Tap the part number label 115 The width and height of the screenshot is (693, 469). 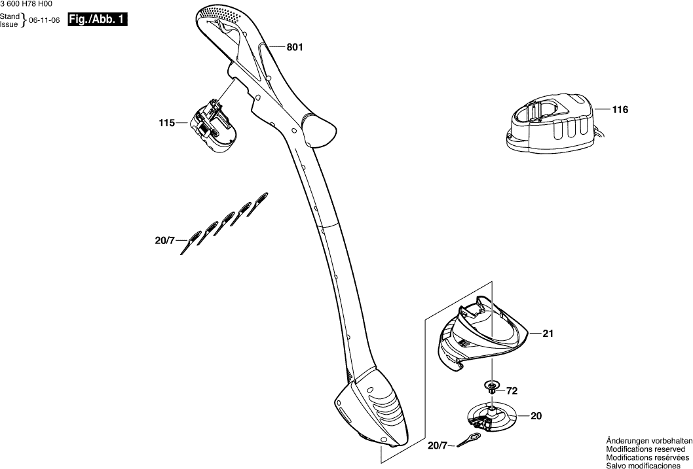(167, 122)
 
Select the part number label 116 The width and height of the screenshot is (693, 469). (620, 110)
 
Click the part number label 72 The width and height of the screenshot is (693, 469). (512, 391)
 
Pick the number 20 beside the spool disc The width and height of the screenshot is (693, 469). (536, 415)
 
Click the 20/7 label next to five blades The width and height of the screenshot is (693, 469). (165, 241)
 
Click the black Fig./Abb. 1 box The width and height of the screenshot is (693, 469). (97, 20)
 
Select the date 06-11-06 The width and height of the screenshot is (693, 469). (45, 21)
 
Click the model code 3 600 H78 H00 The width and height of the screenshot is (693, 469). (26, 4)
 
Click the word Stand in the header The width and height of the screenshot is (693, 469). (9, 17)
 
